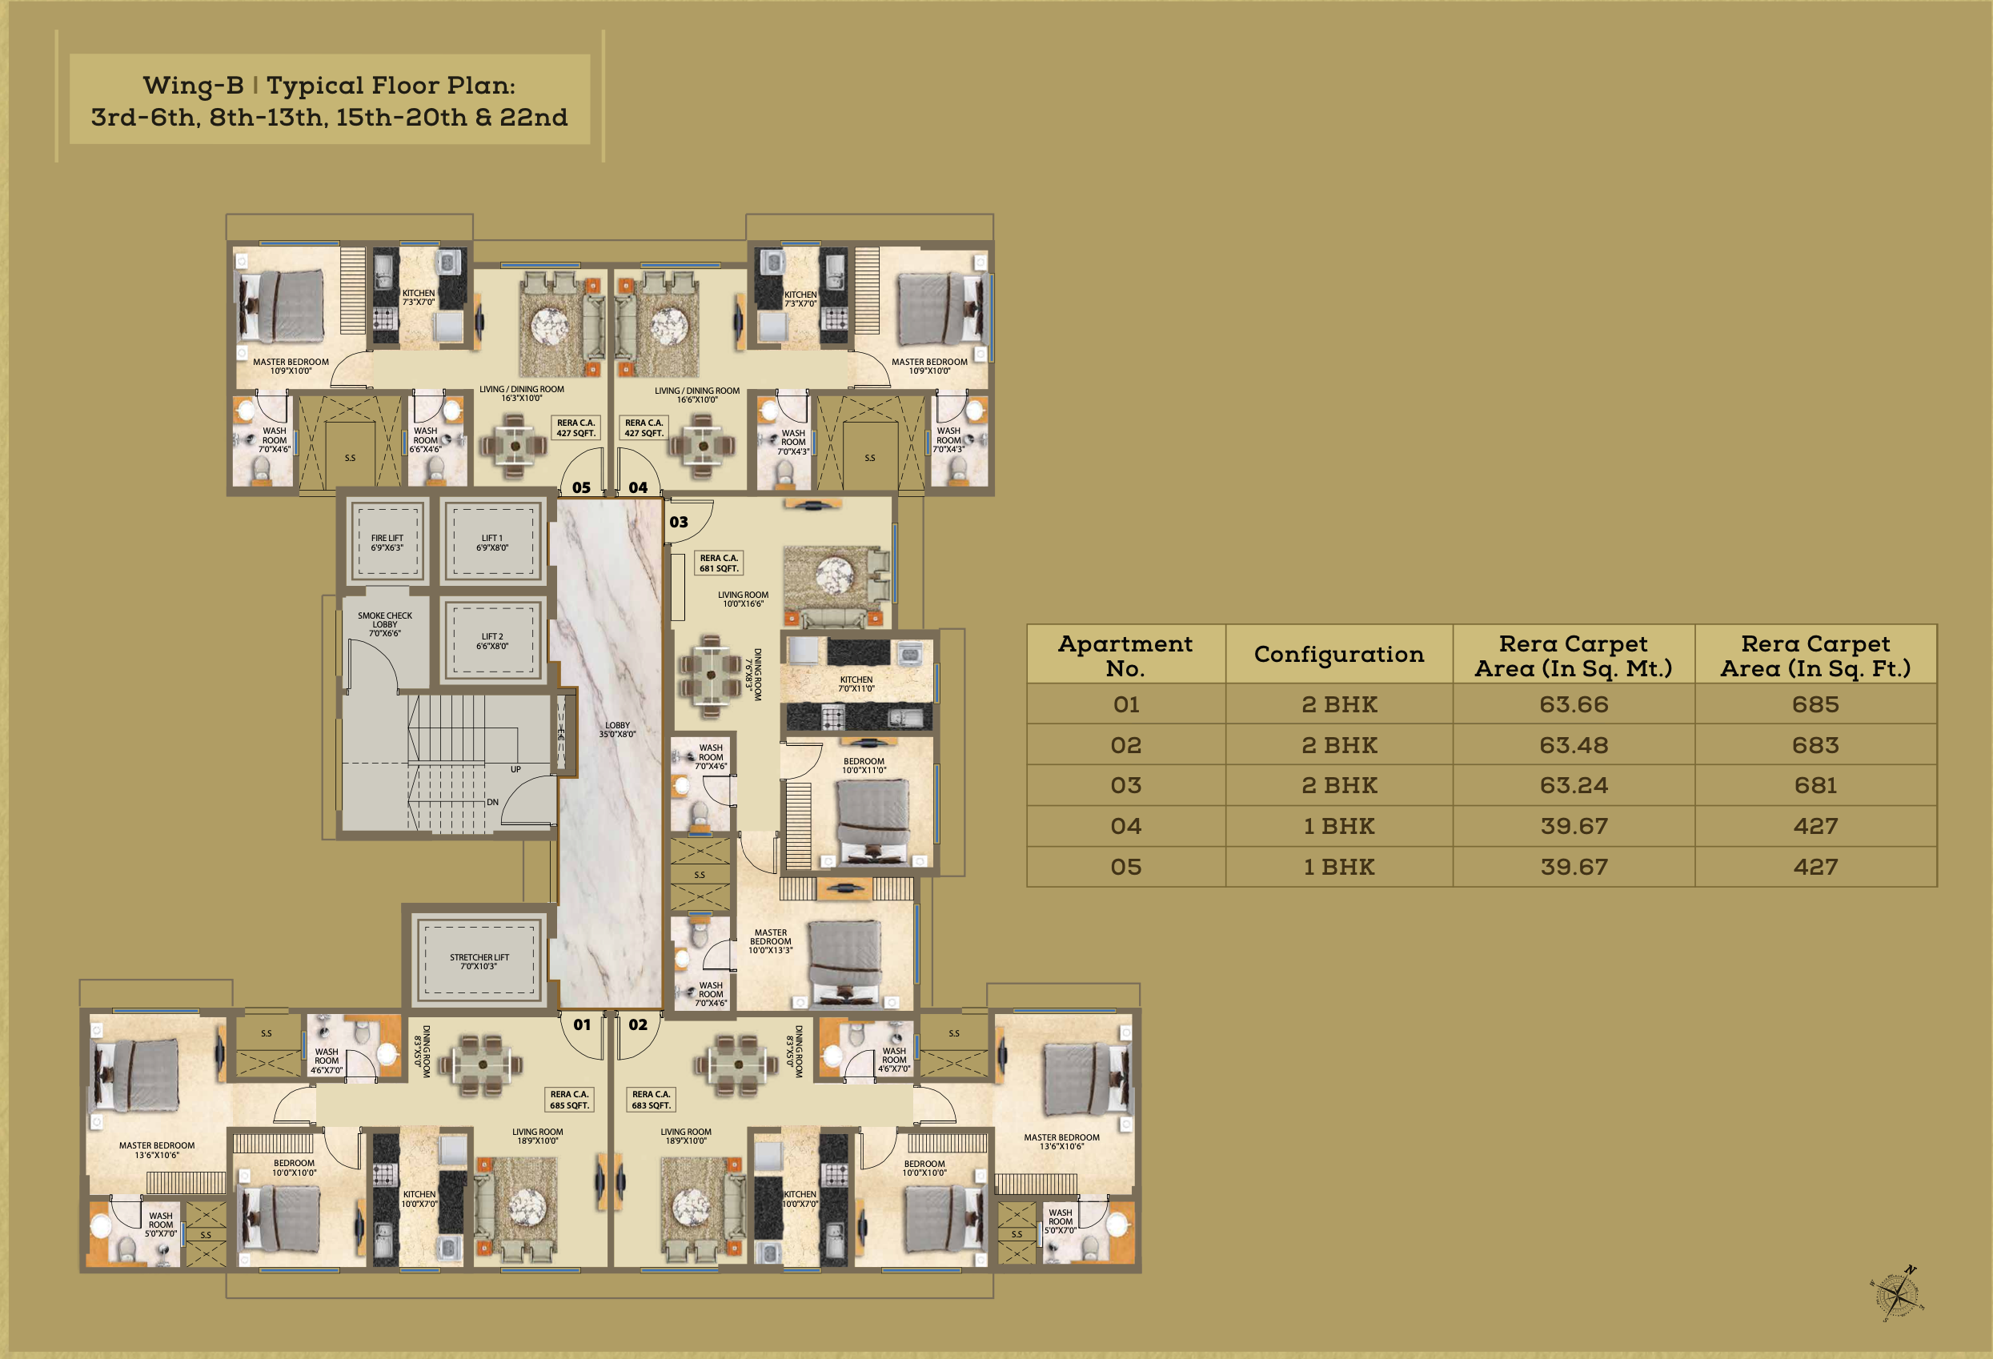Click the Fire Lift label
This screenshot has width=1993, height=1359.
(387, 543)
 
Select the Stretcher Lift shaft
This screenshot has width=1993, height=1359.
(479, 960)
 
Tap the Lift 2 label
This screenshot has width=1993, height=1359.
(492, 641)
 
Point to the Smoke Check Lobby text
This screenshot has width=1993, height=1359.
(384, 624)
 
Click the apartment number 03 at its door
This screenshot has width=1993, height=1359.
(679, 522)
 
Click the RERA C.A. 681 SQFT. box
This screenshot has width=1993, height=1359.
(719, 563)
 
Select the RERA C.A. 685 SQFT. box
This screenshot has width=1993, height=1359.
(569, 1100)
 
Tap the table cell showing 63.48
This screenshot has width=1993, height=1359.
(1573, 745)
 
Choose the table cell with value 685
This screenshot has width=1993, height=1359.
(1815, 705)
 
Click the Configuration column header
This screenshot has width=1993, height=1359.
(1337, 655)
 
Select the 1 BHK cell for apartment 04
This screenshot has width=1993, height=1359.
(1337, 827)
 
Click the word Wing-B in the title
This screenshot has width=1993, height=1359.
(193, 86)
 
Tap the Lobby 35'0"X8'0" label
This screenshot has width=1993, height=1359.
(617, 730)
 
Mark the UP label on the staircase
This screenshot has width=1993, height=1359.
(515, 769)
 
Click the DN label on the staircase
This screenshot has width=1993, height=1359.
(492, 803)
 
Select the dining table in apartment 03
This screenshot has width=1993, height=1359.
(710, 675)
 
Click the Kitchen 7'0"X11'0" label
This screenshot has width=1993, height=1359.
(856, 684)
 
